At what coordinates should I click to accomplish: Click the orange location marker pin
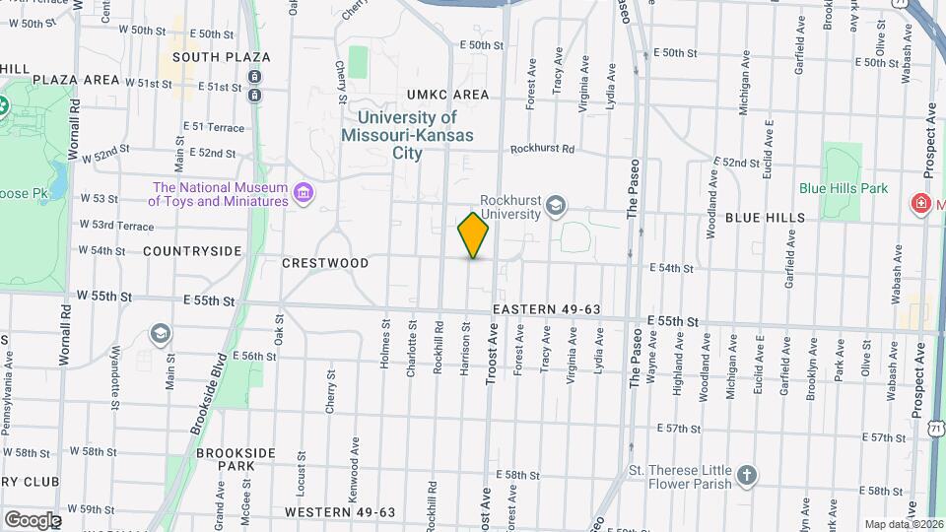[x=474, y=234]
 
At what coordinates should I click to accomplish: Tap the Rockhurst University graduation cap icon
[x=556, y=205]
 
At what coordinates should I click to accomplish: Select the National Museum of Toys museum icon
[x=304, y=193]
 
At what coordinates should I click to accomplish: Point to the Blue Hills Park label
[x=844, y=189]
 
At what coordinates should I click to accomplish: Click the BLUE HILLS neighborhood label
[x=765, y=218]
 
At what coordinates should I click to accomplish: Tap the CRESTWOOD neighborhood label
[x=325, y=264]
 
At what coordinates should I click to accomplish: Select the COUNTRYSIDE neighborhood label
[x=192, y=251]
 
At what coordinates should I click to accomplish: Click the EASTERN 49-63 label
[x=547, y=309]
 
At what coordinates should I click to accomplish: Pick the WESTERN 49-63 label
[x=340, y=512]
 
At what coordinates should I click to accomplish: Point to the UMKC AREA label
[x=448, y=95]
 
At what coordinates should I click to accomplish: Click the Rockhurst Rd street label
[x=542, y=150]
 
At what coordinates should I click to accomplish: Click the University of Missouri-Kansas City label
[x=408, y=135]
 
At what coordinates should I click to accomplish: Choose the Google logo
[x=33, y=519]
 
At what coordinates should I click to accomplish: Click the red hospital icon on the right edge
[x=921, y=203]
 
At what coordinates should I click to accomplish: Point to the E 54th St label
[x=671, y=268]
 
